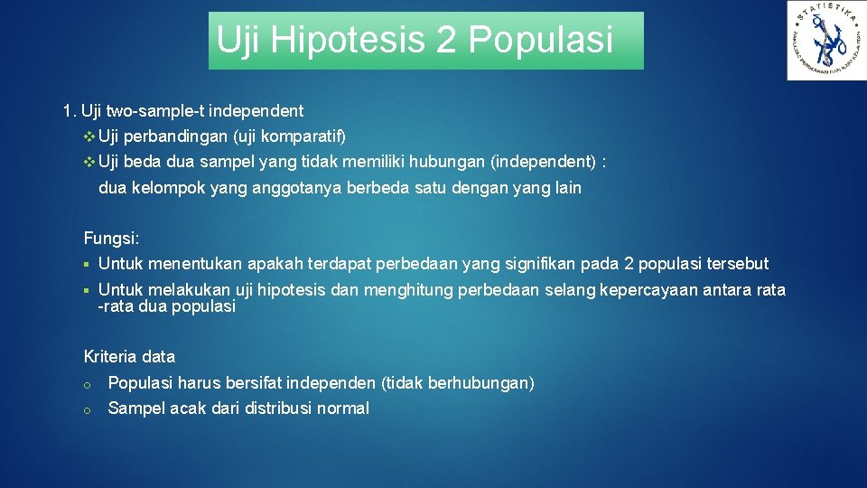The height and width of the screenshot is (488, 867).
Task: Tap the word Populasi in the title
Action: (x=540, y=40)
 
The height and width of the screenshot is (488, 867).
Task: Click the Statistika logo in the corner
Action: (x=825, y=41)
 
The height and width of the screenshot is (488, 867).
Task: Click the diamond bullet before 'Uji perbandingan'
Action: (x=88, y=136)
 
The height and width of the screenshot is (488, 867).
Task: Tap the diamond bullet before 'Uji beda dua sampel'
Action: (x=88, y=163)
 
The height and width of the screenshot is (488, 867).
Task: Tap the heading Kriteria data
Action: (x=129, y=356)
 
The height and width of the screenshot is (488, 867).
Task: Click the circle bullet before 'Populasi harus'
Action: (x=87, y=384)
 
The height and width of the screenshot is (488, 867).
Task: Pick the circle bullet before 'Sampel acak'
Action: (x=87, y=409)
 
